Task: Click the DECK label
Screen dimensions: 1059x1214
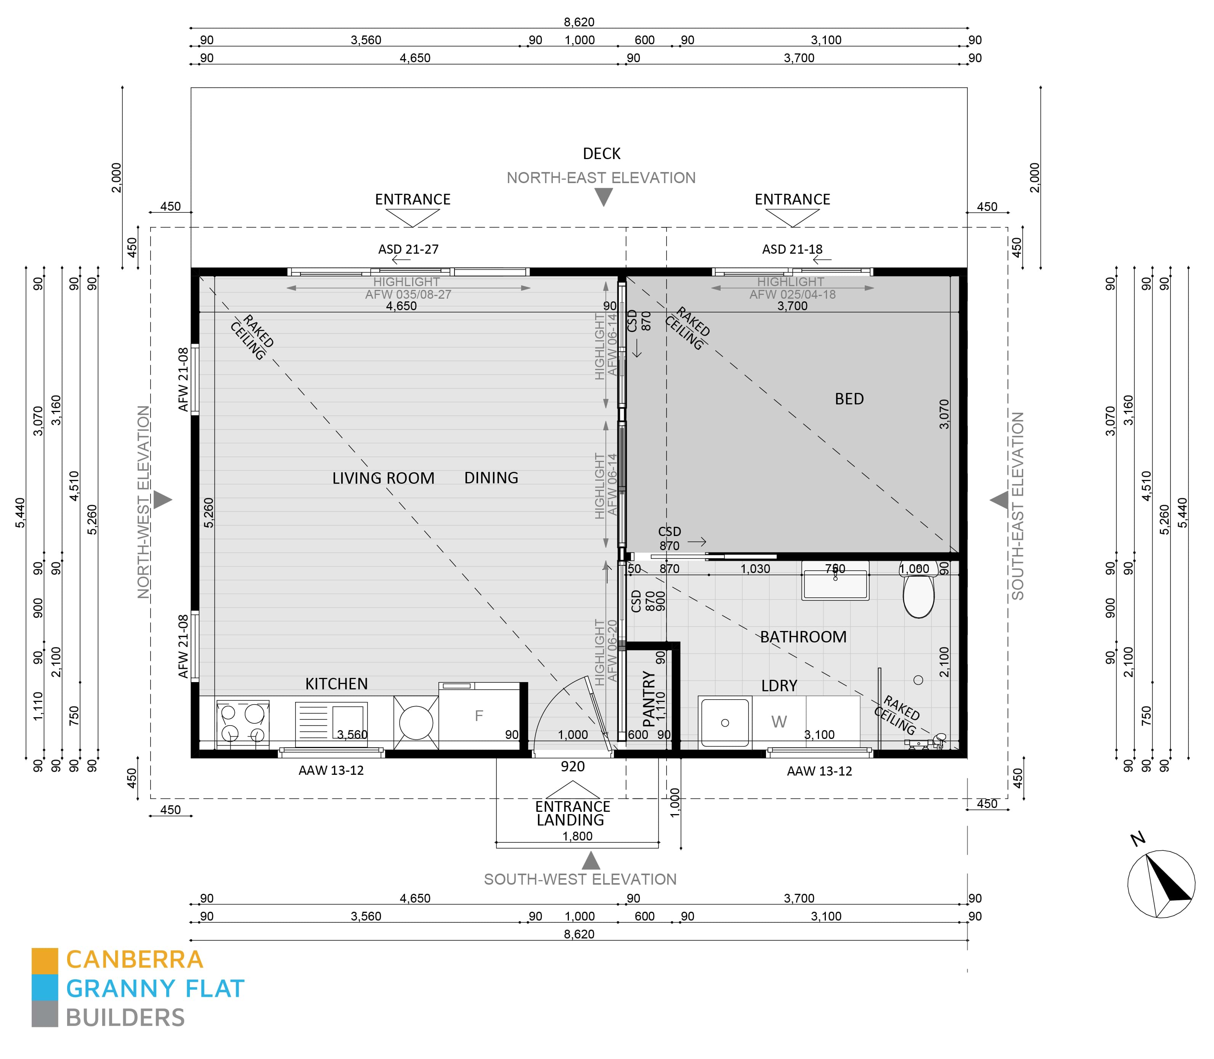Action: coord(601,154)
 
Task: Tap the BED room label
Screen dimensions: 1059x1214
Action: coord(848,399)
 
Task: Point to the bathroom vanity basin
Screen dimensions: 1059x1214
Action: coord(834,585)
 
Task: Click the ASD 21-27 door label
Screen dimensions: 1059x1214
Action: coord(408,249)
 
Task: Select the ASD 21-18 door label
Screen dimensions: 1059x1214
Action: coord(792,249)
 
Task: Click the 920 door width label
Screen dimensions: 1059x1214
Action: coord(572,766)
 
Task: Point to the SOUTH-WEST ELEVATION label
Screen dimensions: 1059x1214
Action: coord(580,879)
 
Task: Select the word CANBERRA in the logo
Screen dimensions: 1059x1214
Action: coord(135,960)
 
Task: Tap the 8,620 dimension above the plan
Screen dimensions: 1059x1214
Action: coord(578,22)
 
